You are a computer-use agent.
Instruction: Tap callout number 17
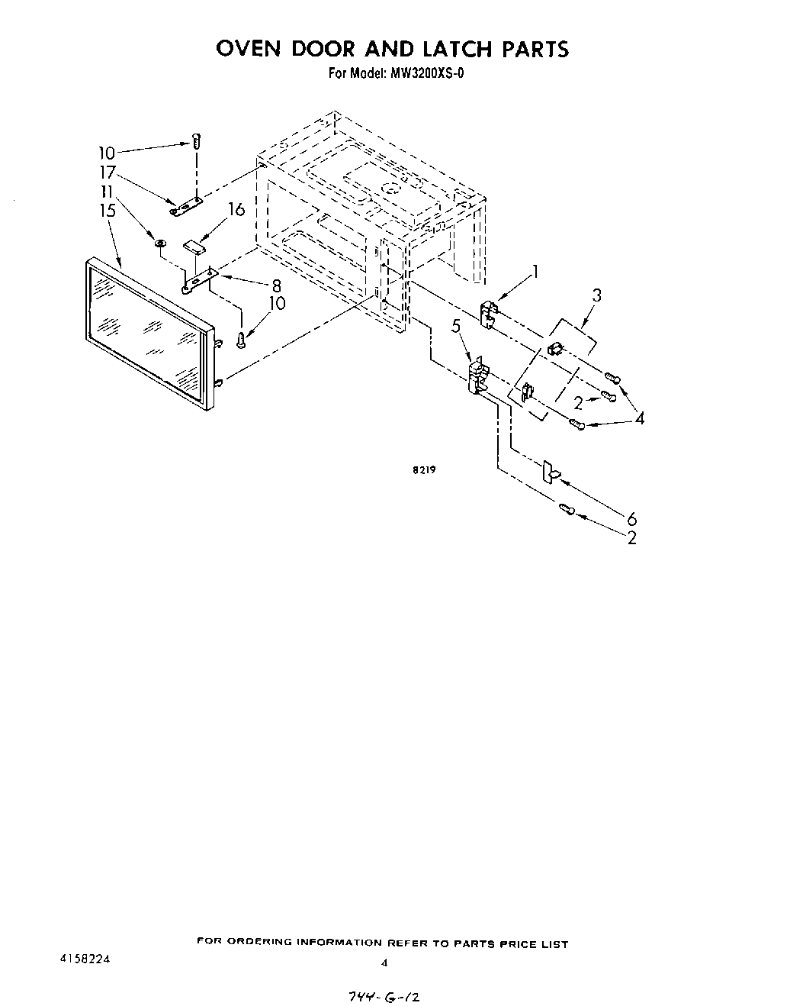click(x=108, y=173)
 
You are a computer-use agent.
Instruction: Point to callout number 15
click(x=108, y=209)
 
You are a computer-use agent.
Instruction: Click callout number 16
click(x=237, y=208)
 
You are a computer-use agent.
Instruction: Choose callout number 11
click(x=108, y=191)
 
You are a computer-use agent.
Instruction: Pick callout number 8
click(x=276, y=286)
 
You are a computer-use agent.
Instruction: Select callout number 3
click(x=597, y=295)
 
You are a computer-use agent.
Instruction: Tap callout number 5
click(x=456, y=326)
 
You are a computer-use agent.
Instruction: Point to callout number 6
click(x=631, y=520)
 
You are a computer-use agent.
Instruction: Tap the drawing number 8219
click(x=424, y=470)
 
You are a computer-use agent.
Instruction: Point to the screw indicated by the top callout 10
click(x=196, y=141)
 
